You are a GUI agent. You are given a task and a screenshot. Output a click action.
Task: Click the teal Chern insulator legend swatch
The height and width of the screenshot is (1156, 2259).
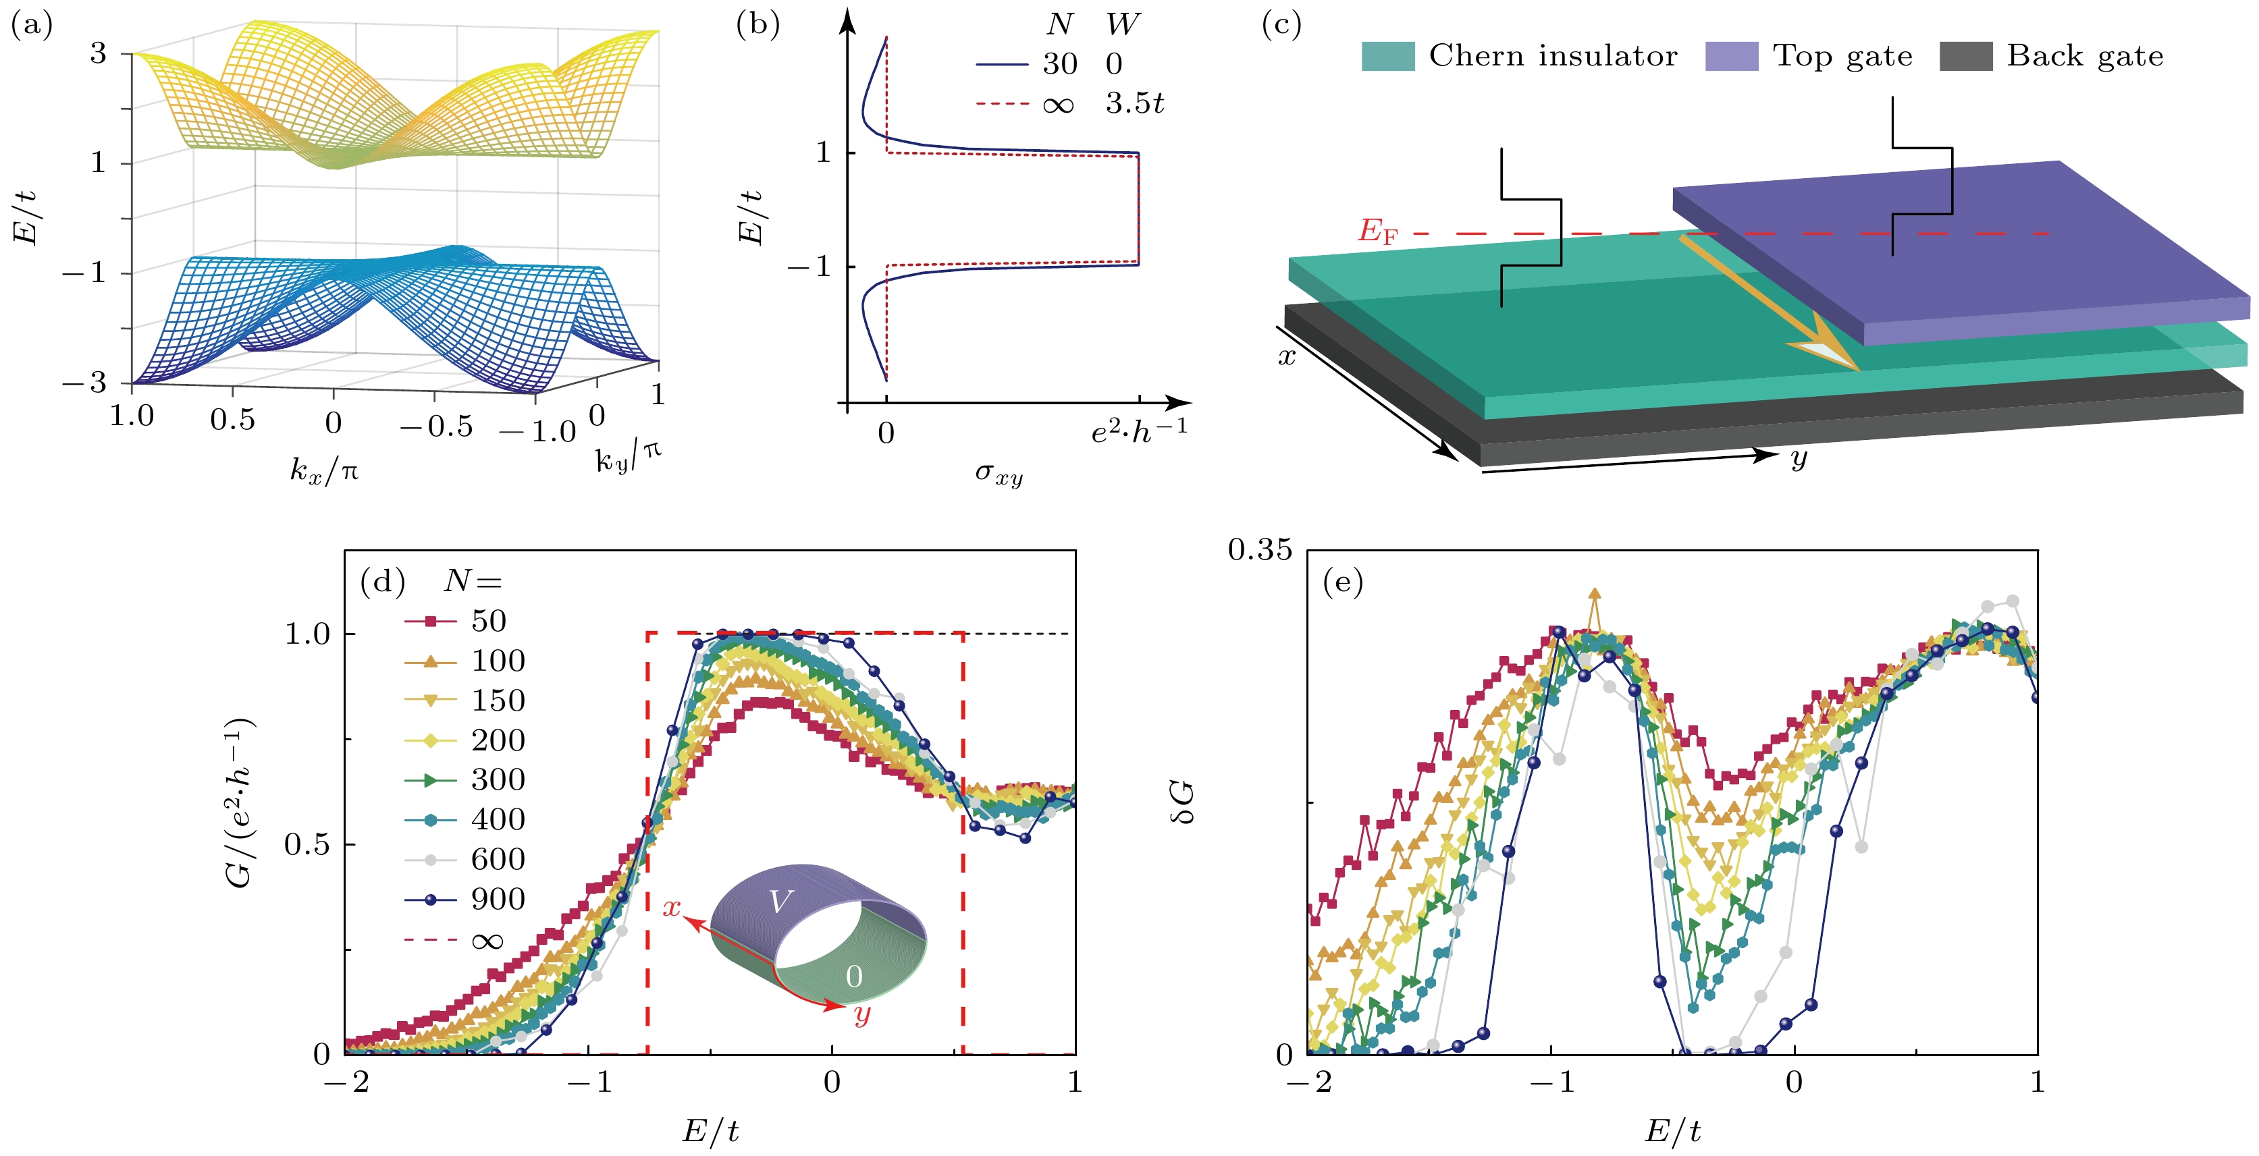click(x=1387, y=56)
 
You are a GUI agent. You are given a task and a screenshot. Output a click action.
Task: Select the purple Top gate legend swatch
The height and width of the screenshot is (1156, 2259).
click(x=1731, y=56)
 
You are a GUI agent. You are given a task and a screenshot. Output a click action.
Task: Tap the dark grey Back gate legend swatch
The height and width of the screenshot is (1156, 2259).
click(x=1965, y=56)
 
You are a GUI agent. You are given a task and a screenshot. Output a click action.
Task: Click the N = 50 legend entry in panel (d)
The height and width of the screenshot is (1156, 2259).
click(x=464, y=620)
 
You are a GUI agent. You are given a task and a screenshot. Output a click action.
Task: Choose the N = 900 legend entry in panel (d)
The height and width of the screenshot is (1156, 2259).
click(x=464, y=899)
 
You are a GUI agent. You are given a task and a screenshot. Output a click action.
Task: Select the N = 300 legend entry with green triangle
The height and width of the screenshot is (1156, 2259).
click(x=464, y=779)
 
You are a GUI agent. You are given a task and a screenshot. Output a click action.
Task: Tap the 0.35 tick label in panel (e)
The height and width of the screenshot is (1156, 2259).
click(x=1260, y=549)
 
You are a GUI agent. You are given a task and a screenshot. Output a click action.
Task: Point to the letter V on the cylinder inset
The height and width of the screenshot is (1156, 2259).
click(x=780, y=902)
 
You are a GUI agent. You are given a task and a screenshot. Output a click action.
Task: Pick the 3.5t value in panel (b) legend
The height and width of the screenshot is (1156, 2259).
click(x=1134, y=103)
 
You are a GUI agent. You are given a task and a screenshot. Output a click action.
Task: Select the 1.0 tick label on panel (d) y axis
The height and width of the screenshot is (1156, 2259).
click(x=307, y=634)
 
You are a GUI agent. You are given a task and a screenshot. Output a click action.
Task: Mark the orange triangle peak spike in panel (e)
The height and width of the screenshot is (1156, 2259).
click(x=1594, y=596)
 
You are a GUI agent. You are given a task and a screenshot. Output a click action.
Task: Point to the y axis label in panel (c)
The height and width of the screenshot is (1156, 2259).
click(x=1799, y=458)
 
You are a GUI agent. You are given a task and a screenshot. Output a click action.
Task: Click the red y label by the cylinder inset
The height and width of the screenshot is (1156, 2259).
click(x=862, y=1015)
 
